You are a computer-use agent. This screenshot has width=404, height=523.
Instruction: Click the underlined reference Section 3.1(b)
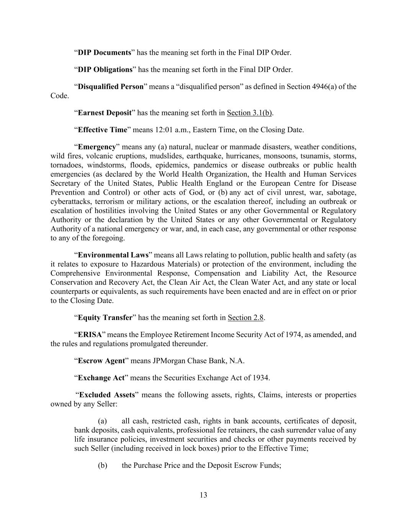pos(250,113)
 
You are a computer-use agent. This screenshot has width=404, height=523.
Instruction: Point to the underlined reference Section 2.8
pos(245,318)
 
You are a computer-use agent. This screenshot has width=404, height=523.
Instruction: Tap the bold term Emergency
pos(97,147)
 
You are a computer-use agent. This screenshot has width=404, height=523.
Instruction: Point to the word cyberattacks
pos(69,202)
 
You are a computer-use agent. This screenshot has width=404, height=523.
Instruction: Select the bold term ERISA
pos(90,335)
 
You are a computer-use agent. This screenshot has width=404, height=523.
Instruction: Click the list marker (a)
pos(102,421)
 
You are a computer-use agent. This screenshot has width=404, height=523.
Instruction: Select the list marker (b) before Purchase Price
pos(102,466)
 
